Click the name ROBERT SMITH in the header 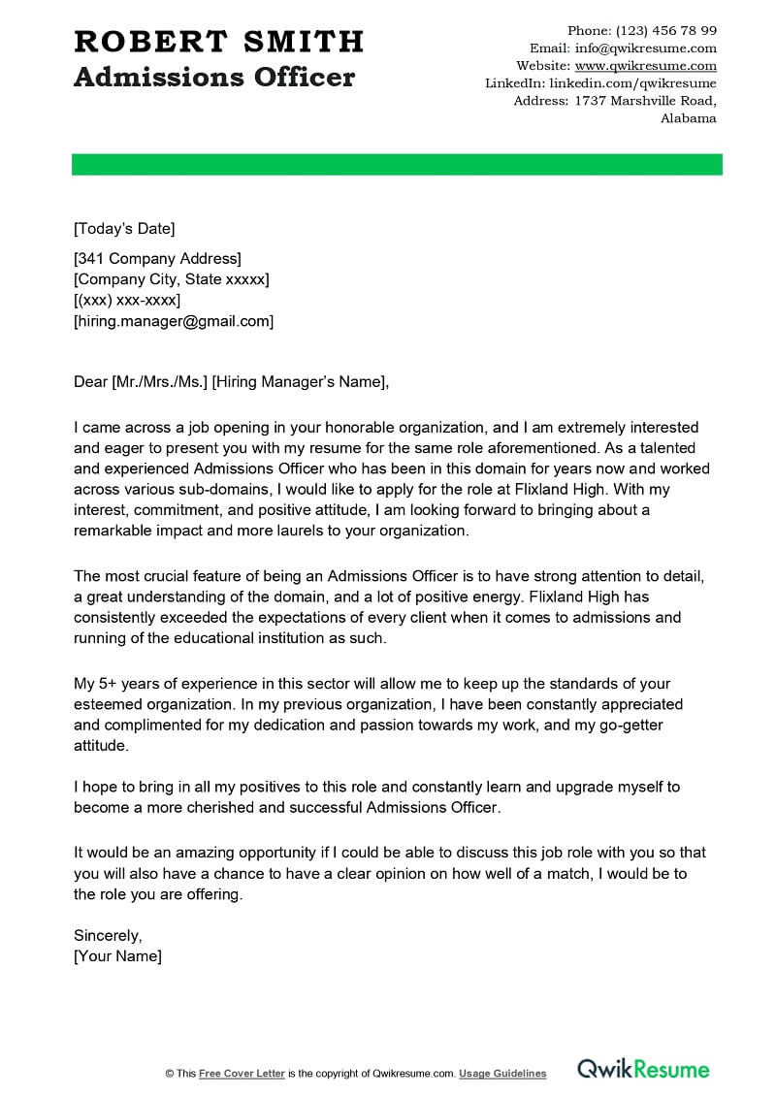point(218,42)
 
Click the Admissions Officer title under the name point(214,78)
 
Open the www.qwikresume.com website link point(645,66)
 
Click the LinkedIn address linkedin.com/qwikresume point(640,83)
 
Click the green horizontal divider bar point(397,164)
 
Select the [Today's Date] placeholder point(124,229)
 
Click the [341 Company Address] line point(157,258)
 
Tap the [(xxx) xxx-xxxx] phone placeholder point(127,301)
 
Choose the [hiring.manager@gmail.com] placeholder point(174,321)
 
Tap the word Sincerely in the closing point(108,935)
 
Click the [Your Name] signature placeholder point(117,956)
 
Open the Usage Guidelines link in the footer point(502,1074)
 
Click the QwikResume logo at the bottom point(643,1070)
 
